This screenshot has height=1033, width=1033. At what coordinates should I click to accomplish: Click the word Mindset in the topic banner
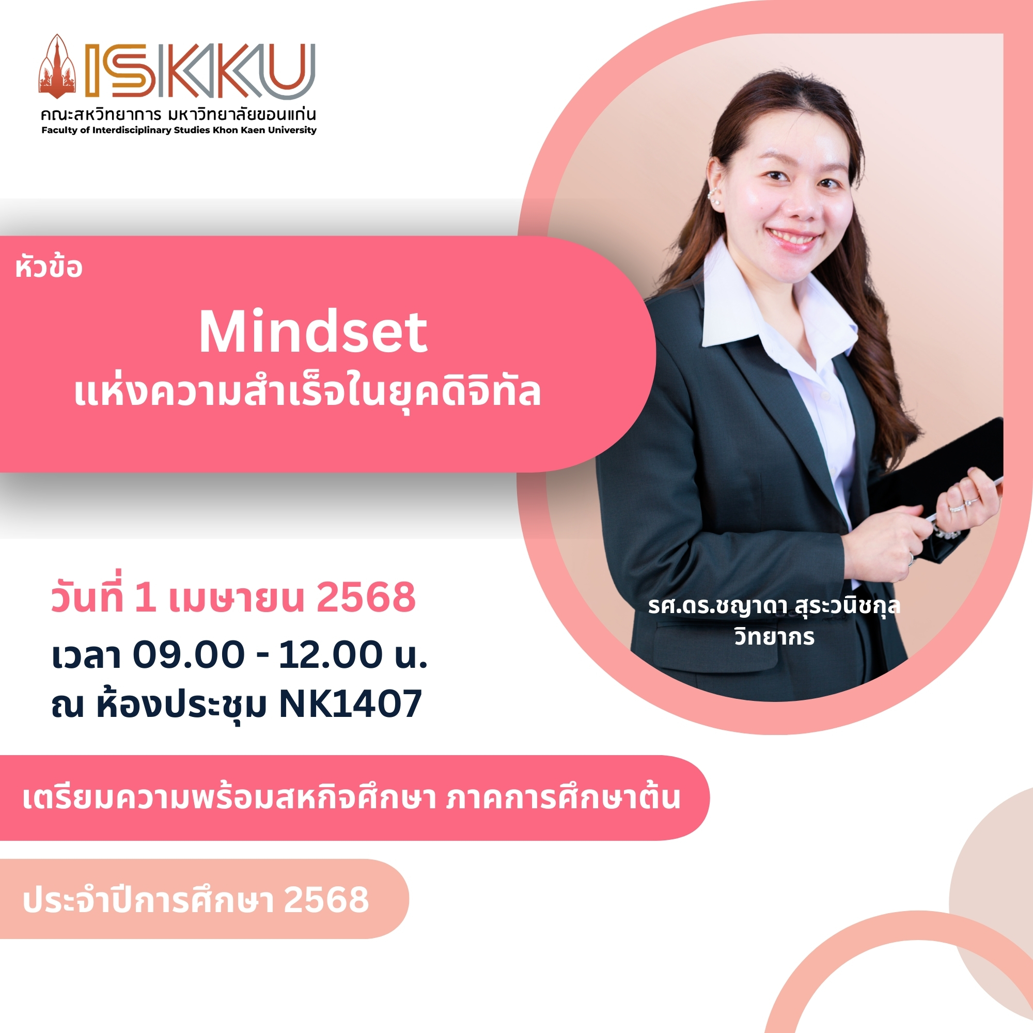[314, 332]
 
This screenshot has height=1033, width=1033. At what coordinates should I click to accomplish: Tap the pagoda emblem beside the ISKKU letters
[57, 67]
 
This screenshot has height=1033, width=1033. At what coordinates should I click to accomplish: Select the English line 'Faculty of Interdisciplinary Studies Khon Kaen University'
[179, 130]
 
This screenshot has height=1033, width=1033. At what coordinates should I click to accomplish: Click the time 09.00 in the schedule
[188, 655]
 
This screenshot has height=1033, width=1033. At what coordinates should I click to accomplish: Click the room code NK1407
[351, 704]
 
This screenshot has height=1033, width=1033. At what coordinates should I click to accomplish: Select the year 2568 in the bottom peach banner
[326, 900]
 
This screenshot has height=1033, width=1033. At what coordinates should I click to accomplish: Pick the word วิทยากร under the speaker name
[774, 637]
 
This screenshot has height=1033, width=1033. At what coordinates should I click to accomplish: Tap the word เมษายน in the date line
[237, 598]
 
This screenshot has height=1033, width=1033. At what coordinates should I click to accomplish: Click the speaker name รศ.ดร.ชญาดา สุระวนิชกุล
[774, 606]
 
